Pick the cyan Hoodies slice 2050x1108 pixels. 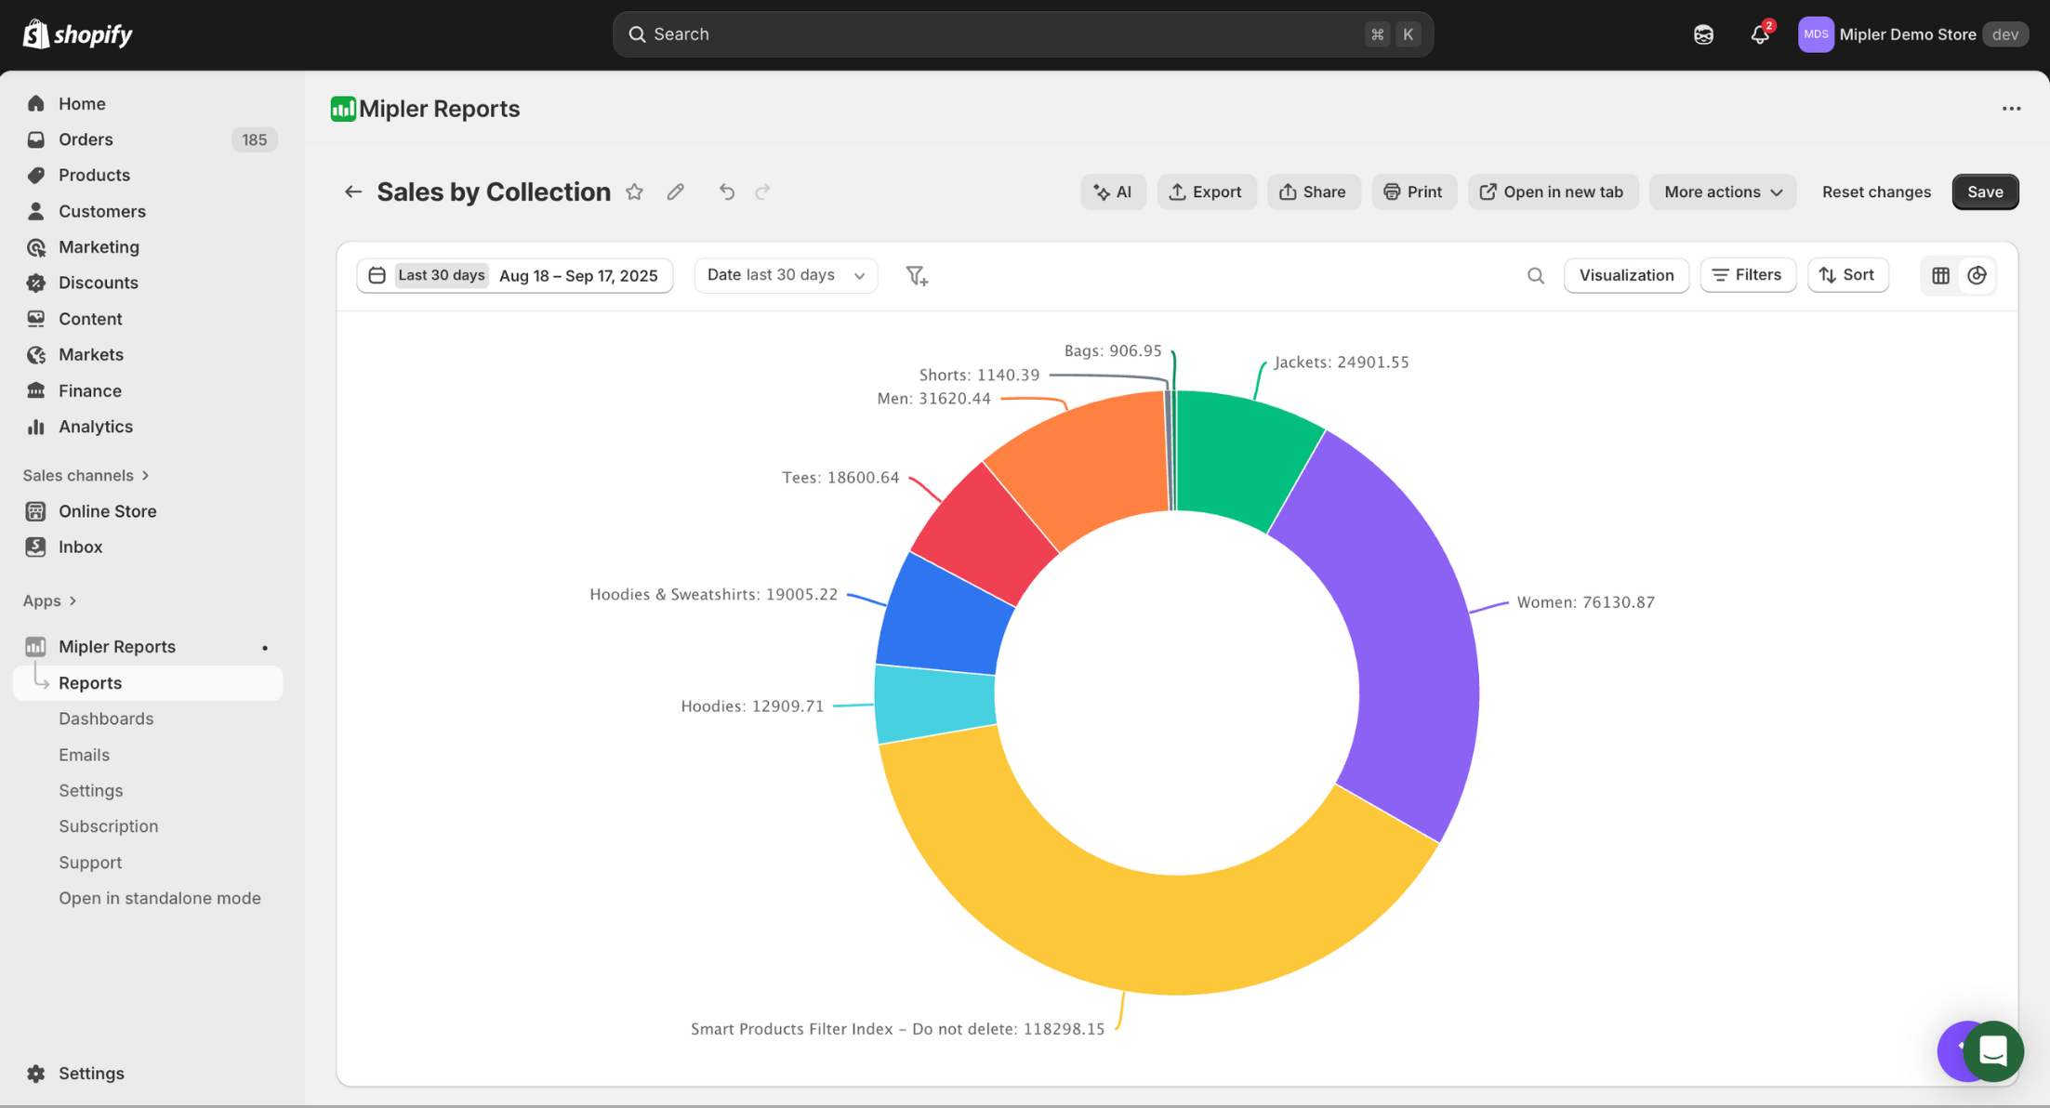tap(934, 704)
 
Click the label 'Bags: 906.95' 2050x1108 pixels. tap(1112, 350)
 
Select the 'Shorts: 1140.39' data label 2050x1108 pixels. tap(978, 375)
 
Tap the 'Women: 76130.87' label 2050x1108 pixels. tap(1585, 602)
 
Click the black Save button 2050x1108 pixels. tap(1984, 191)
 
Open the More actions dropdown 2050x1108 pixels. tap(1722, 191)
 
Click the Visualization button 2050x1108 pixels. tap(1625, 275)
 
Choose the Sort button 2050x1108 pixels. tap(1846, 275)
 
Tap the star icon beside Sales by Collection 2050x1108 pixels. tap(634, 191)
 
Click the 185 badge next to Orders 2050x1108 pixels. tap(254, 139)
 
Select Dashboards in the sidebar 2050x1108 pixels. tap(106, 719)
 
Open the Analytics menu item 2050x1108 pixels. tap(95, 427)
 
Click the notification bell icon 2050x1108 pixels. tap(1758, 34)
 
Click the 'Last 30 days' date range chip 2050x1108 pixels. tap(441, 275)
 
